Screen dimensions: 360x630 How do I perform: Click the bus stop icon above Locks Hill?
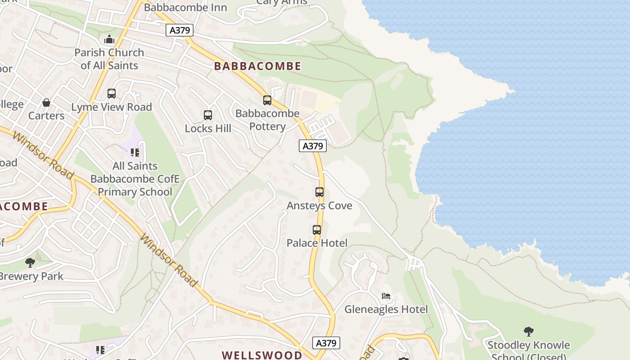pos(207,115)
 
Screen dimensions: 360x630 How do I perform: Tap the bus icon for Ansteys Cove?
pos(319,192)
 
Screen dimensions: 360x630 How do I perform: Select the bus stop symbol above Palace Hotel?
pos(317,230)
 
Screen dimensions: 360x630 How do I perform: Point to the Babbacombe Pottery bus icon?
pos(267,100)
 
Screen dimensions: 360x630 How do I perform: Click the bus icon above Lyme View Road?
pos(112,94)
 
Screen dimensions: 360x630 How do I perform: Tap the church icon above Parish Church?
pos(109,40)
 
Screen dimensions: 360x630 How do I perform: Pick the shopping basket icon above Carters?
pos(46,103)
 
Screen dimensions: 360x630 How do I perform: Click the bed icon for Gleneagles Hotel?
pos(386,296)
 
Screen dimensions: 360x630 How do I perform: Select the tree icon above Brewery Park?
pos(30,262)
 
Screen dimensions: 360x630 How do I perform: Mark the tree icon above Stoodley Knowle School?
pos(529,332)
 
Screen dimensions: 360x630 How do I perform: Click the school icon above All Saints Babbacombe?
pos(135,153)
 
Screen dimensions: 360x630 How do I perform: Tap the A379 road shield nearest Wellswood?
pos(326,343)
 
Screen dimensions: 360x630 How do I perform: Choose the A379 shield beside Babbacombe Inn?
pos(180,30)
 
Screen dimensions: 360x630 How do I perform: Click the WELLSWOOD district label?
pos(262,355)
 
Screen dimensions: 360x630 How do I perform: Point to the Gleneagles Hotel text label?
pos(386,310)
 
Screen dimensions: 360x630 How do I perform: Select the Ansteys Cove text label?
pos(319,206)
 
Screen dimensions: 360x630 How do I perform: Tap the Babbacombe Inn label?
pos(185,8)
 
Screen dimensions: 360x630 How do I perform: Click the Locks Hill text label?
pos(208,129)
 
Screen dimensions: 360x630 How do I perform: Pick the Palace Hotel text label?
pos(317,243)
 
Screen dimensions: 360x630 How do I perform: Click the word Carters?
pos(46,116)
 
